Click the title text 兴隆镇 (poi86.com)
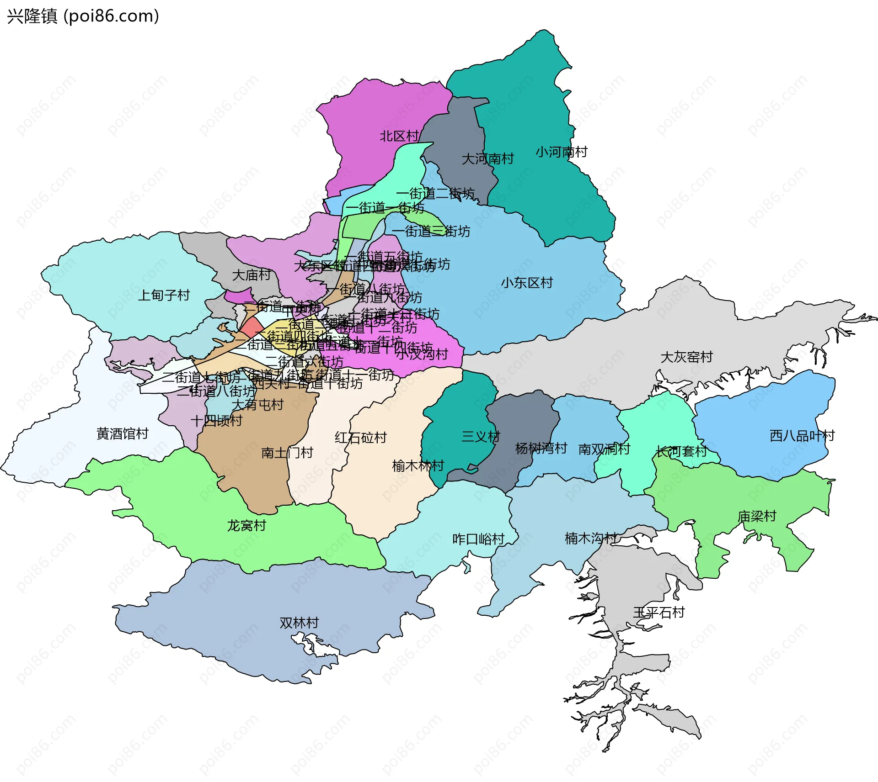point(83,16)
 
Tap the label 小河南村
point(561,152)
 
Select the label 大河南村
point(487,159)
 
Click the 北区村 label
point(399,136)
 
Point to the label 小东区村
point(527,283)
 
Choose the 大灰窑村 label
point(686,357)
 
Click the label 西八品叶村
point(802,436)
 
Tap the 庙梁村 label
point(757,517)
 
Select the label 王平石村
point(658,613)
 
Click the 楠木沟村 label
point(591,539)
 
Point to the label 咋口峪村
point(478,539)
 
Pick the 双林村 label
point(299,623)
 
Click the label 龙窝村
point(246,526)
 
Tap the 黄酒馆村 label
point(123,434)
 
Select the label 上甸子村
point(164,296)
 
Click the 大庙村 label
point(252,275)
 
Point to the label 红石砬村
point(360,438)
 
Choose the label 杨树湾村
point(541,449)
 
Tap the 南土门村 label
point(287,453)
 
